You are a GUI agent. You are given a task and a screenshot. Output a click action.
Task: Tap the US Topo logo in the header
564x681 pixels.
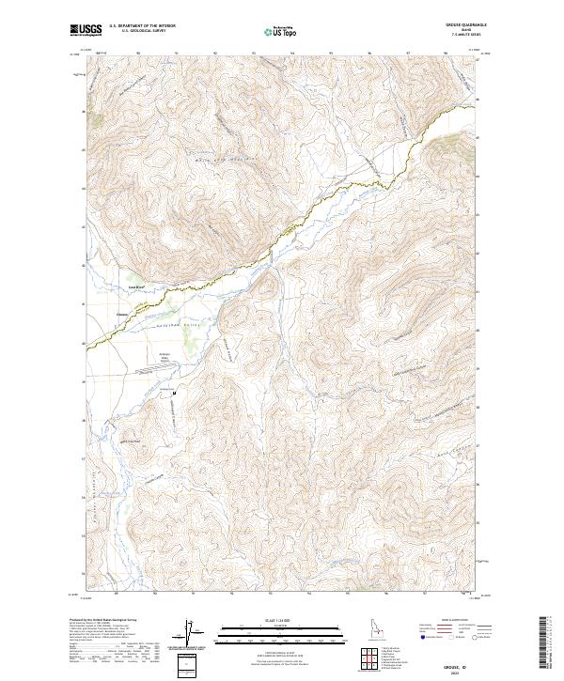coord(274,31)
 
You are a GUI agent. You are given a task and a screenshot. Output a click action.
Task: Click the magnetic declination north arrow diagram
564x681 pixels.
coord(190,635)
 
